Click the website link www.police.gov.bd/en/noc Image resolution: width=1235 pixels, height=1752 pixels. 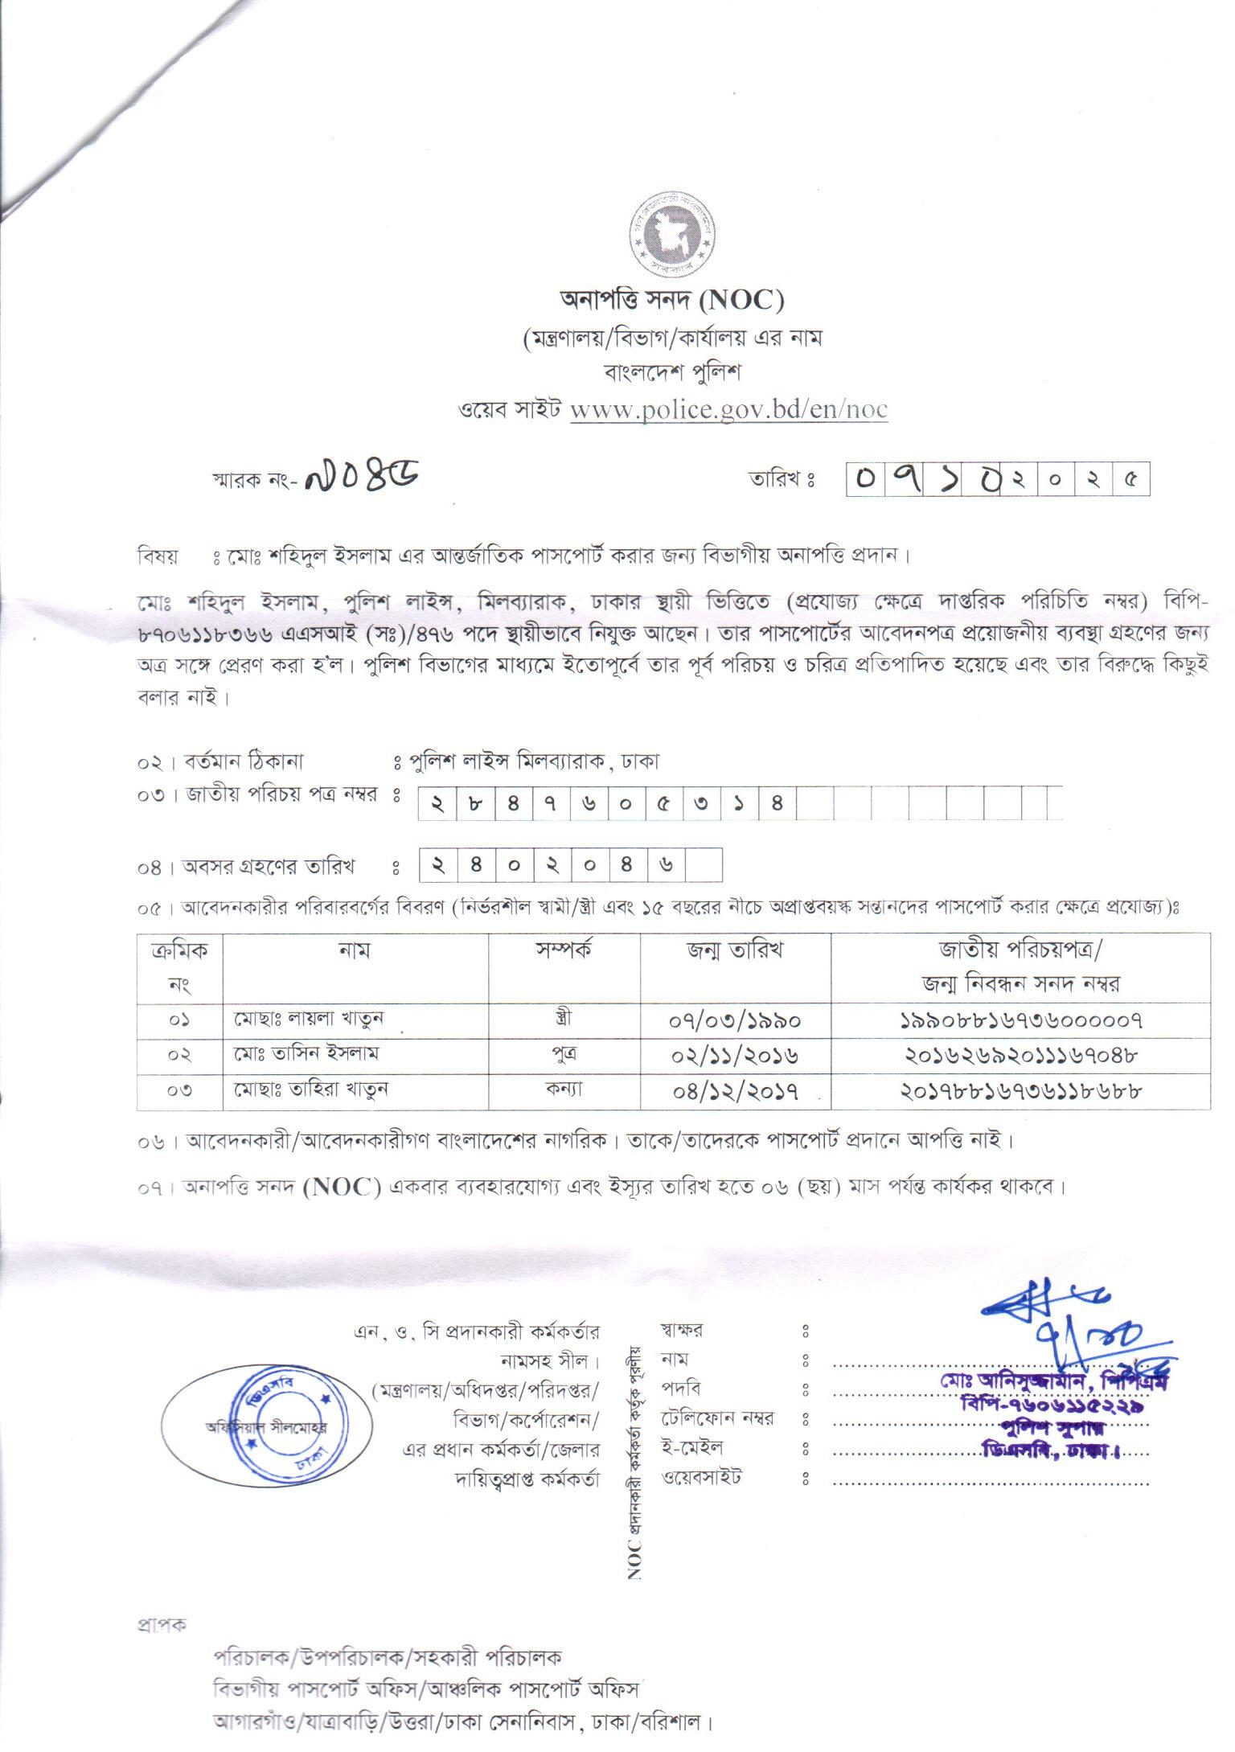tap(728, 409)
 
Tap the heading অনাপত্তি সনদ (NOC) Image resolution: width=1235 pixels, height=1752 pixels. tap(671, 300)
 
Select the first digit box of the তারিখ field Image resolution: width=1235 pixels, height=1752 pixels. tap(865, 481)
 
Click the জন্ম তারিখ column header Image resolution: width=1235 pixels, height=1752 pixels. tap(735, 950)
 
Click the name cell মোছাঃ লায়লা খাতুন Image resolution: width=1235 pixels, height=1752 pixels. tap(310, 1020)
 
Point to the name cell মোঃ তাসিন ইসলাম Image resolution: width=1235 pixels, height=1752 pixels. tap(306, 1054)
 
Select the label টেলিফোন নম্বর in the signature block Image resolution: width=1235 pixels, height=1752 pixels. tap(717, 1419)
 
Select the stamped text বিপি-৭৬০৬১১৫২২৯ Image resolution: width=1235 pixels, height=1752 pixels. tap(1052, 1405)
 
